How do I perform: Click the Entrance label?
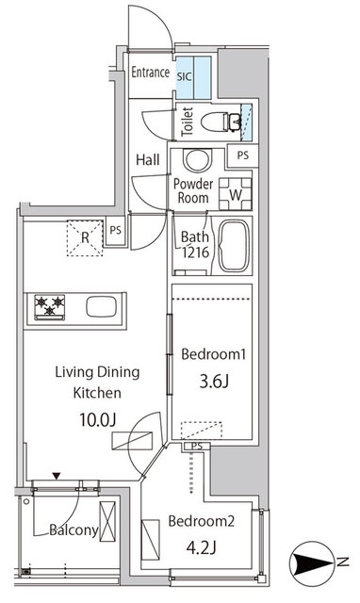click(150, 73)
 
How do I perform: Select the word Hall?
click(146, 159)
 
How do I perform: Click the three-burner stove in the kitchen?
click(49, 306)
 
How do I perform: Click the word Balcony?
click(74, 530)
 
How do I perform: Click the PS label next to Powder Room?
click(243, 156)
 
